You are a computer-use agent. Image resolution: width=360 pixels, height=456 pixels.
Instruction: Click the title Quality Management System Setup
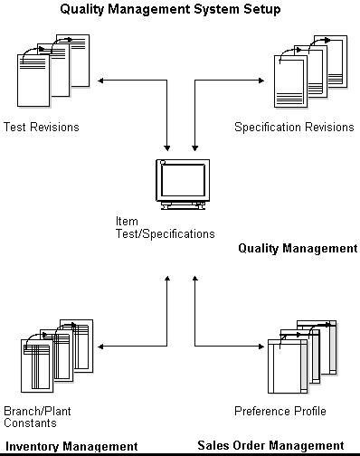point(170,9)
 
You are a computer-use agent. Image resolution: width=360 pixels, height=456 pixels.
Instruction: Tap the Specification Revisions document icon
point(309,71)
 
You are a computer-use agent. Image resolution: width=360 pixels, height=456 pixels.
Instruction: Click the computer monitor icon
point(182,184)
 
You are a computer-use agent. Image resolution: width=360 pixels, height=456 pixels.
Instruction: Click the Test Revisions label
point(42,127)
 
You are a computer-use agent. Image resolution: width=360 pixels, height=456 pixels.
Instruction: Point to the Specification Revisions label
point(293,127)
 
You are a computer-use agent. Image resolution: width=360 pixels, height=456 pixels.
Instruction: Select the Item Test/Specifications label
point(165,227)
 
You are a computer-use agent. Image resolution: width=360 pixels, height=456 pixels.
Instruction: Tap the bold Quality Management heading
point(298,248)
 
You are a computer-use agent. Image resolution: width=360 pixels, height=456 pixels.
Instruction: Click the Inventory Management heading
point(72,446)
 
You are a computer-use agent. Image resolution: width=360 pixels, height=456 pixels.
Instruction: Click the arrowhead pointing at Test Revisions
point(101,82)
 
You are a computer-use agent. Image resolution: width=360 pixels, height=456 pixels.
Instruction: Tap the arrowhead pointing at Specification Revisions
point(261,82)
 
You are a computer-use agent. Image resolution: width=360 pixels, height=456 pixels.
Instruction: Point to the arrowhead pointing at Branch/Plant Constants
point(101,345)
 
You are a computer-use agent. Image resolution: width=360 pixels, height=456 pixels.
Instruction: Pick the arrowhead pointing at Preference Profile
point(261,345)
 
